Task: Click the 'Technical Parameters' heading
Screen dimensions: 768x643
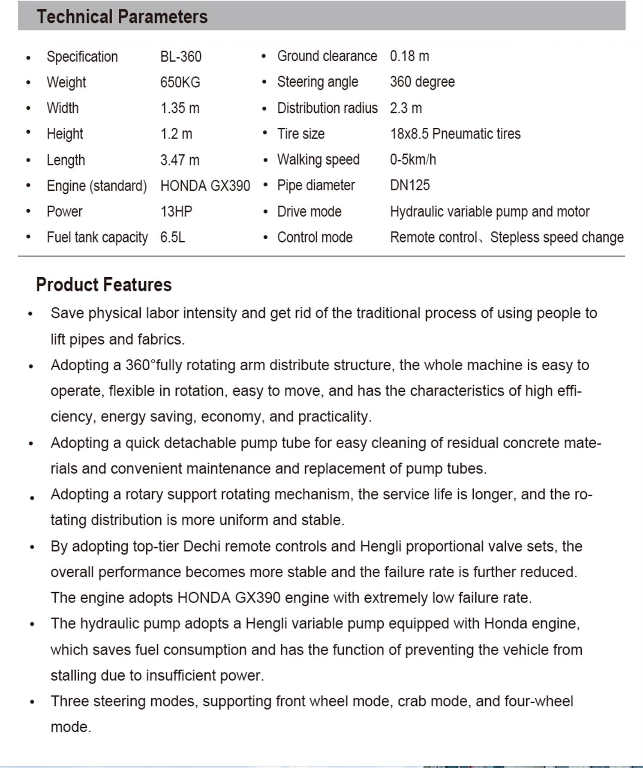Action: pos(122,17)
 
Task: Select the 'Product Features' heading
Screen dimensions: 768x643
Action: pos(104,285)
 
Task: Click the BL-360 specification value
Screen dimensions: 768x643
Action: pos(181,57)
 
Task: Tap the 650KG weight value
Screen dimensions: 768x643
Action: pos(180,82)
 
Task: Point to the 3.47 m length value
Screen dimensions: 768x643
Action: pos(180,160)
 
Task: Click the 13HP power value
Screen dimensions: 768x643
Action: pos(176,211)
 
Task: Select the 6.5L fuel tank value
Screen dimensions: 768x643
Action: pos(172,237)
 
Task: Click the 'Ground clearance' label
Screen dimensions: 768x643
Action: pos(327,56)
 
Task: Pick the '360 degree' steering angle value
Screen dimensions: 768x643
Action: pos(422,82)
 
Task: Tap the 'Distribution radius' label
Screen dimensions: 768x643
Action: pos(328,108)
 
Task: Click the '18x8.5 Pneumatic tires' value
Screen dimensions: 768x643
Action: pos(455,134)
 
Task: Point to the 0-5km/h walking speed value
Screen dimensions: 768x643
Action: pos(413,159)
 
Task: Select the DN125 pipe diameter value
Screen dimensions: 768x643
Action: pos(410,185)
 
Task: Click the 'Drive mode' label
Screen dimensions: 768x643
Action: pos(309,211)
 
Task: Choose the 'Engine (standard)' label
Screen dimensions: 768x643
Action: pos(97,186)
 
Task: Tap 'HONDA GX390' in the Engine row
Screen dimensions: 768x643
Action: pos(205,186)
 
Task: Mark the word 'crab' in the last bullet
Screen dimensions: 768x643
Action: pos(412,701)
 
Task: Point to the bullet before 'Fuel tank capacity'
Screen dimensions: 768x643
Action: pos(28,237)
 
